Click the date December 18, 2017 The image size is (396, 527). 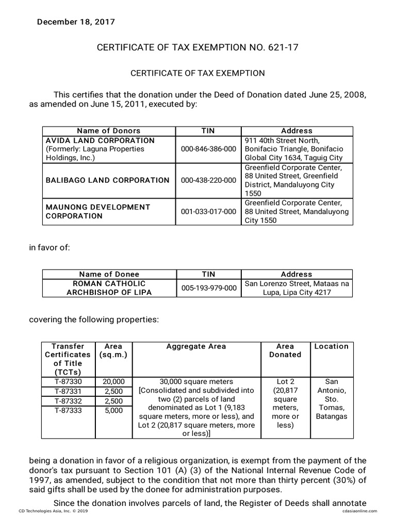[75, 22]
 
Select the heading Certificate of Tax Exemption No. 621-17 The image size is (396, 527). [197, 48]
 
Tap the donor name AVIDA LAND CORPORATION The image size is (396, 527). [100, 140]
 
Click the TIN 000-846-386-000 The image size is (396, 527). [208, 149]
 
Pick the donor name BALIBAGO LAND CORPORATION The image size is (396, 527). [107, 180]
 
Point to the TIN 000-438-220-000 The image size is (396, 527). [208, 180]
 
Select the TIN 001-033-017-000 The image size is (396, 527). [208, 212]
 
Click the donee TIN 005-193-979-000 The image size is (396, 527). [208, 288]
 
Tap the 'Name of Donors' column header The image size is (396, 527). [108, 131]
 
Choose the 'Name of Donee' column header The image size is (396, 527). [108, 274]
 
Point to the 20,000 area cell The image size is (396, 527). [113, 381]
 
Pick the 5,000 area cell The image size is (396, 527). [113, 410]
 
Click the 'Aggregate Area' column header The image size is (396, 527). [196, 346]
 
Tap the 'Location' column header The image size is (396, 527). [331, 346]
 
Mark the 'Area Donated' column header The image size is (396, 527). [285, 350]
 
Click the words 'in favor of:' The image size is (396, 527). [49, 248]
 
